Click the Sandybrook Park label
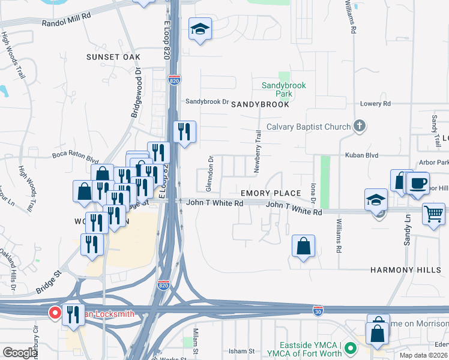(x=284, y=89)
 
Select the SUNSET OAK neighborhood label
(x=113, y=56)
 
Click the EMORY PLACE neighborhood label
(x=270, y=193)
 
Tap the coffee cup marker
(x=417, y=182)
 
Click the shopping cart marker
(x=433, y=213)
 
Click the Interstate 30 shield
(x=318, y=310)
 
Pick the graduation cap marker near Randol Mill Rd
(x=200, y=28)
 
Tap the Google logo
(x=20, y=353)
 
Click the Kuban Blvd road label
(x=361, y=155)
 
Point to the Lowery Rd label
(x=375, y=104)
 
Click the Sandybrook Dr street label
(x=207, y=101)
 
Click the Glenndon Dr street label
(x=211, y=169)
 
